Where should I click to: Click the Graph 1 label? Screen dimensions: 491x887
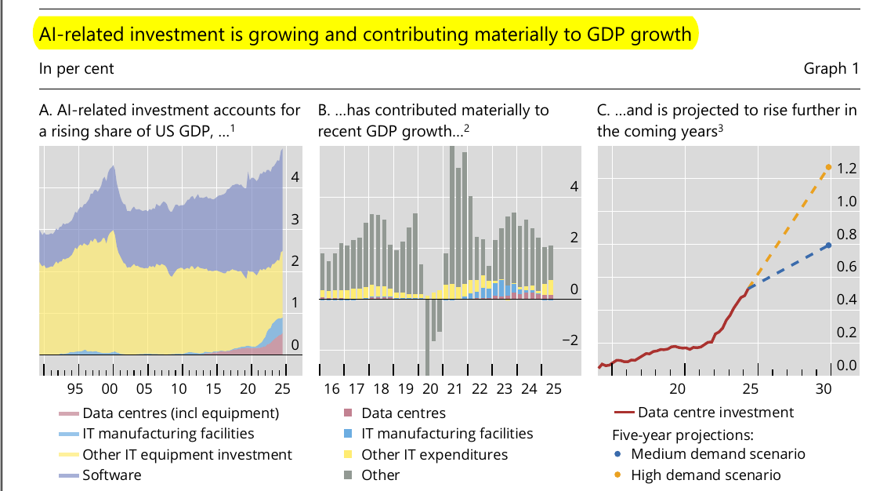[831, 69]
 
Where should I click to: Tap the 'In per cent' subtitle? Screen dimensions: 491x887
[76, 69]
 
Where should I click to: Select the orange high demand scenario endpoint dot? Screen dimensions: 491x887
[829, 167]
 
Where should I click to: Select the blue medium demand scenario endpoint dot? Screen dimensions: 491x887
[829, 245]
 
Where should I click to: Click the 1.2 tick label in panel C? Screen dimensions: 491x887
[846, 169]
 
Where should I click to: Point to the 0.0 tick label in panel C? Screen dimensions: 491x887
[846, 366]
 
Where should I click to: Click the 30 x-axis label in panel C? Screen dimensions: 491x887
[823, 389]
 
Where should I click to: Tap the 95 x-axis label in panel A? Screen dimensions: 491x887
[75, 389]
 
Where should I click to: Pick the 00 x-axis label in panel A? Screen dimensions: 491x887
[110, 389]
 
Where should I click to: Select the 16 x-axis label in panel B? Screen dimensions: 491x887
[331, 389]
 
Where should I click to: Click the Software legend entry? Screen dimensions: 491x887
[112, 475]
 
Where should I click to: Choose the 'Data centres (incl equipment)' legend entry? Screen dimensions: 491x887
[180, 413]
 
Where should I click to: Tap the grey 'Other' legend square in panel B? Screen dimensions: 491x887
[348, 475]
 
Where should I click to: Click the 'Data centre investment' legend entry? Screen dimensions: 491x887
[715, 413]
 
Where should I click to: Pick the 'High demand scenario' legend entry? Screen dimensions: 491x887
[705, 475]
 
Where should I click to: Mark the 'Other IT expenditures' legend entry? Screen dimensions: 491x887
[434, 455]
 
